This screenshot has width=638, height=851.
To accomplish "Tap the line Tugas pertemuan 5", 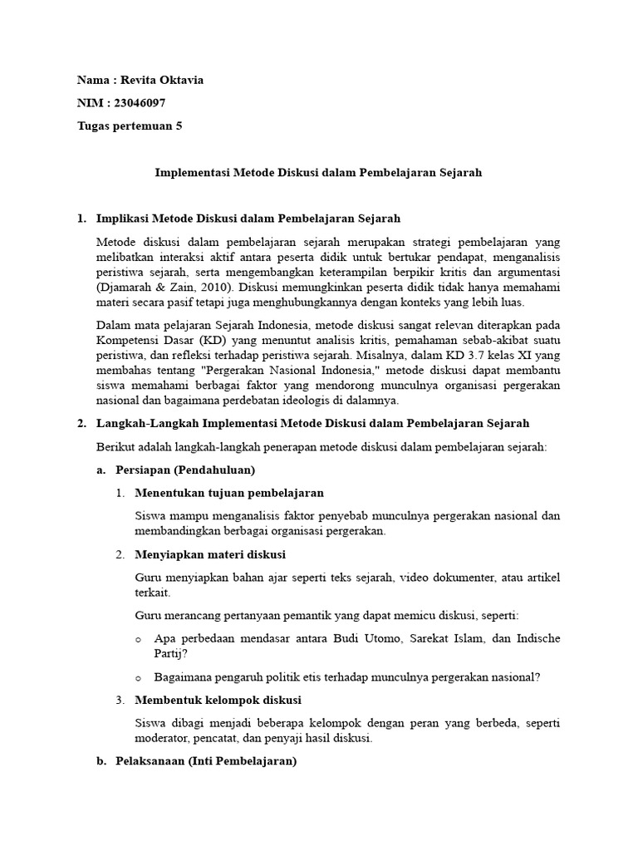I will point(129,126).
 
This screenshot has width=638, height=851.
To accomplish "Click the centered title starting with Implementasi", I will point(319,173).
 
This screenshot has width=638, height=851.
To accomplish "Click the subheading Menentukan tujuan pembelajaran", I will point(229,493).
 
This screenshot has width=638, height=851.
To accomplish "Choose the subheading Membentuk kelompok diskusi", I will point(218,700).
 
